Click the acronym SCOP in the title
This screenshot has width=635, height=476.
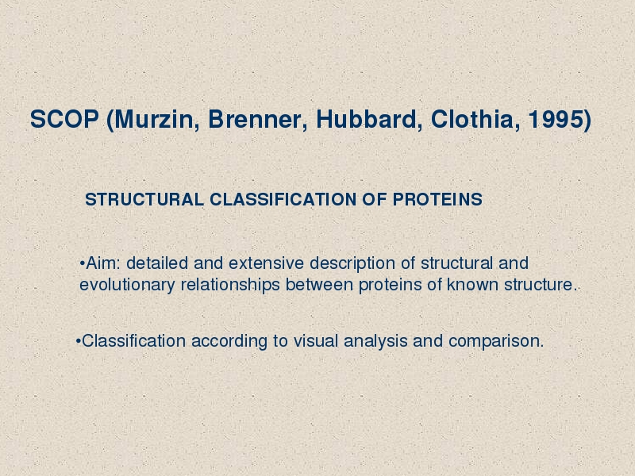point(64,120)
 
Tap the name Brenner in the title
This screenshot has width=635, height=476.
point(254,120)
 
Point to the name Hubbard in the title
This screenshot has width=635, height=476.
point(366,120)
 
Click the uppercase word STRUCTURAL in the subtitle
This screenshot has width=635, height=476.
point(144,200)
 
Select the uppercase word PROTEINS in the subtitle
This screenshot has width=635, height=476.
point(437,200)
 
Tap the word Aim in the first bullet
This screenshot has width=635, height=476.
point(101,263)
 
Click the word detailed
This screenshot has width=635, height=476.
point(157,263)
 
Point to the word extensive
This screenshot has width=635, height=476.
point(266,263)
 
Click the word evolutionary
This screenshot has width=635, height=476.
point(127,286)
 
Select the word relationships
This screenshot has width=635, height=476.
point(230,286)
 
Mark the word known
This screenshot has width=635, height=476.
point(472,285)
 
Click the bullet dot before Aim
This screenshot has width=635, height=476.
point(83,264)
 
